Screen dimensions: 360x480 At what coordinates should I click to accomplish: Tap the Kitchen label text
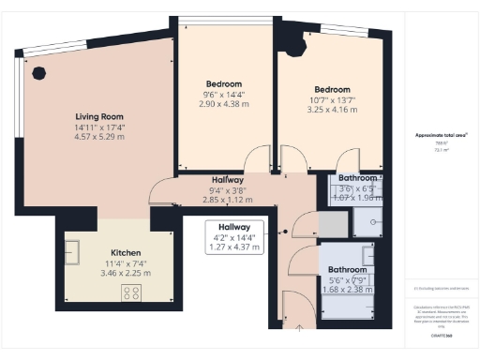click(126, 253)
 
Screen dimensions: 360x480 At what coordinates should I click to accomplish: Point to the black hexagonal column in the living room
click(38, 72)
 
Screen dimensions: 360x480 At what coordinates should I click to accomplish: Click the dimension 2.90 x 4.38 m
click(223, 104)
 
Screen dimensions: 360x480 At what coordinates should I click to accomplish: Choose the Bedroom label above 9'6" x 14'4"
click(223, 83)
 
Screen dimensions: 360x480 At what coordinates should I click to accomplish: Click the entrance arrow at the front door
click(299, 327)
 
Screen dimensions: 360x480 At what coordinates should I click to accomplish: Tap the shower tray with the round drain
click(367, 222)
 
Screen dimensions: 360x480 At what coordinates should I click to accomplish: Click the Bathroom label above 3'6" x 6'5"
click(358, 178)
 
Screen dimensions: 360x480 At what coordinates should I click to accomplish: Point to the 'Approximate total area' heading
click(442, 135)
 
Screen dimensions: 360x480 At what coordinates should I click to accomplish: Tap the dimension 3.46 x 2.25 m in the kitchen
click(126, 274)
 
